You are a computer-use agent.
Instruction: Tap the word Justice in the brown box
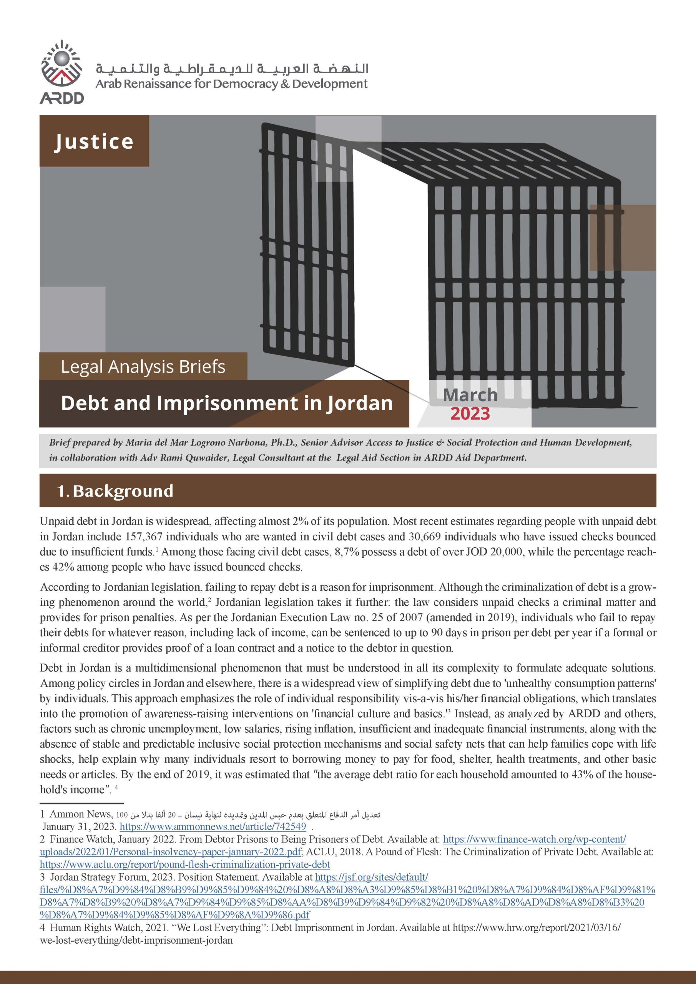94,141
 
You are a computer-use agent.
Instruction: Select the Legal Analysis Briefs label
143,367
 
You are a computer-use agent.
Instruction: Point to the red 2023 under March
470,414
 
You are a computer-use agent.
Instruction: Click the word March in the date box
470,395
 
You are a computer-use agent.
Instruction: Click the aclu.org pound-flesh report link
185,864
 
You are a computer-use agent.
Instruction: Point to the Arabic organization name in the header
231,68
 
